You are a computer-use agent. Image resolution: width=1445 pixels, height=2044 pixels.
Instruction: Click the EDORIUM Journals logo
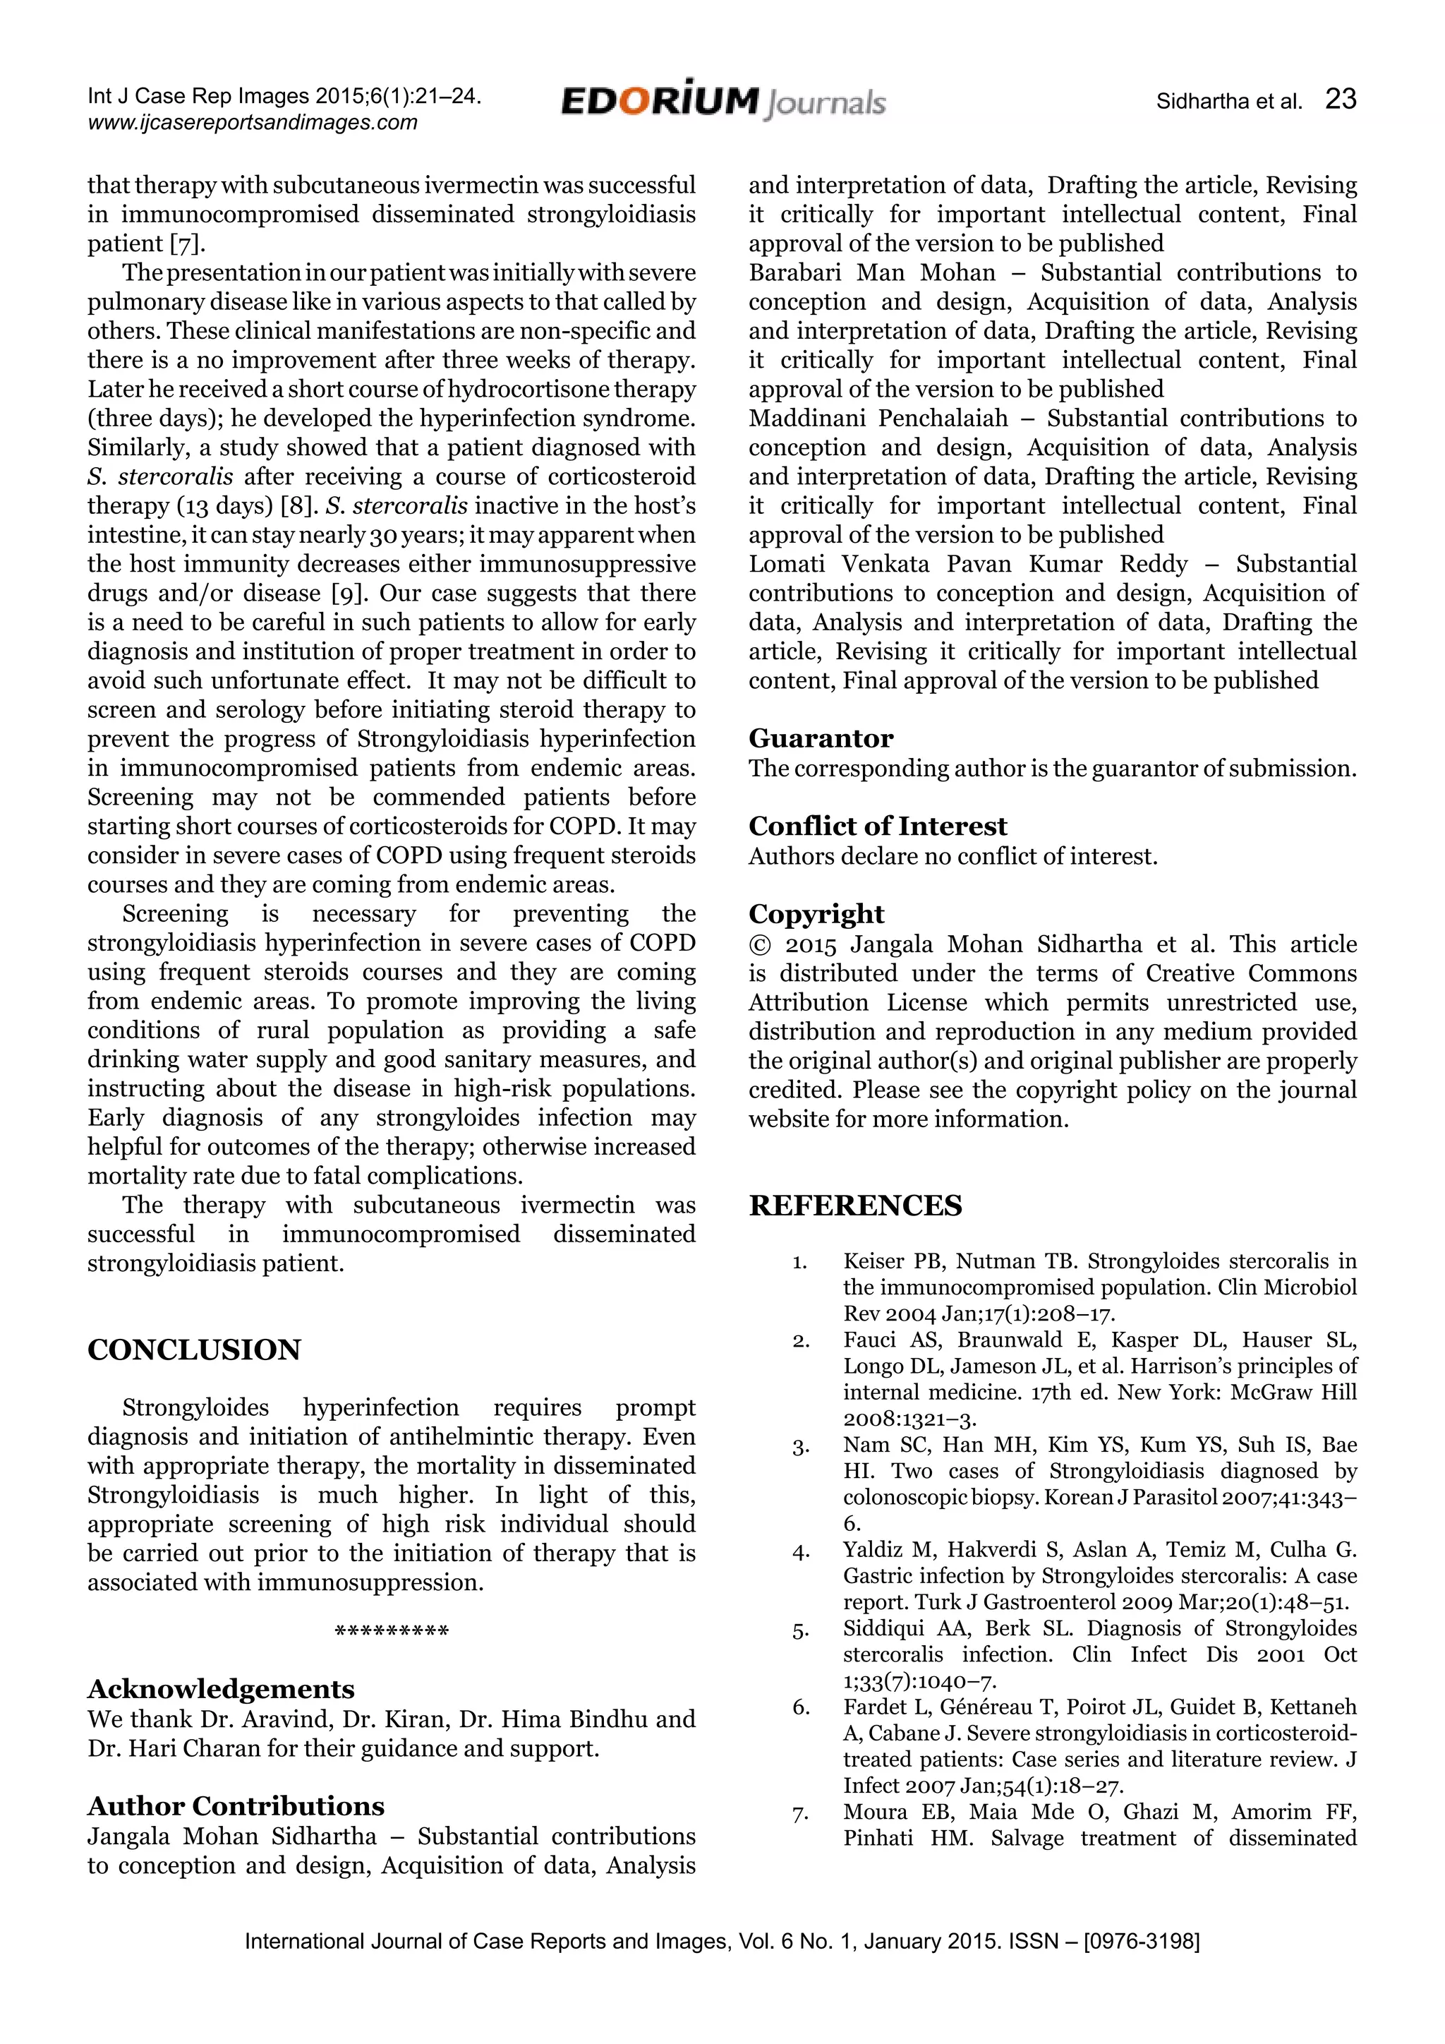(722, 102)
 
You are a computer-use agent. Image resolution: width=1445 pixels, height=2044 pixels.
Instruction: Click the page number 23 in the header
(1340, 99)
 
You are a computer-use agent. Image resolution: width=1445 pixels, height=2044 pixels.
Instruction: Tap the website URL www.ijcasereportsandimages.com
(253, 123)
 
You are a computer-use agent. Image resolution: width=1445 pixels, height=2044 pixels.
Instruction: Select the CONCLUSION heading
(194, 1349)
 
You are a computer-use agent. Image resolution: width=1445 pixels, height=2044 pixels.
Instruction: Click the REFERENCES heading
(854, 1206)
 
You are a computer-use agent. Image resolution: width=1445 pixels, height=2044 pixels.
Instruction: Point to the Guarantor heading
(821, 738)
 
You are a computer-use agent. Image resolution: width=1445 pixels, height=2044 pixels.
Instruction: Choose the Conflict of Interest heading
(877, 826)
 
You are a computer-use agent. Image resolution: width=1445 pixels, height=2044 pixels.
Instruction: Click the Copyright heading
(816, 914)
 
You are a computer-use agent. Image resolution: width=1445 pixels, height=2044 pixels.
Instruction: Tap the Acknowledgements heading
(221, 1689)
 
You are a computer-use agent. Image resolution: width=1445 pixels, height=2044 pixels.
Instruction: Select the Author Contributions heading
(236, 1805)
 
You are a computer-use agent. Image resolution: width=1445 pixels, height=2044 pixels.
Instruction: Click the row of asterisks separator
(392, 1633)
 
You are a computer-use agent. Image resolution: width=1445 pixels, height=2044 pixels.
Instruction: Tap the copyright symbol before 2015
(759, 944)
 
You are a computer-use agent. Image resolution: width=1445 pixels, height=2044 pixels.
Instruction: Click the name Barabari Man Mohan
(872, 272)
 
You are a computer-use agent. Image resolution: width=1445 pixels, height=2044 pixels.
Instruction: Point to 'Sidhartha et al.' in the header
(1228, 102)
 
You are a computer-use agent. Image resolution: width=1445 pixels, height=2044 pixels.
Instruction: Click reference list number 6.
(800, 1707)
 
